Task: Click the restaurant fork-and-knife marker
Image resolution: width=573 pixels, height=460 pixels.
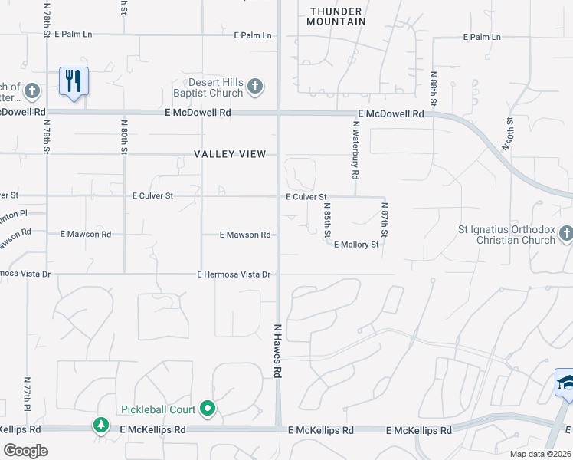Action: click(x=74, y=81)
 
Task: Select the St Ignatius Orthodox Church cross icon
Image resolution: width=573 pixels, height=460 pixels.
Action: click(x=565, y=232)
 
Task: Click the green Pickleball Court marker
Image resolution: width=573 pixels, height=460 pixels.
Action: click(x=207, y=409)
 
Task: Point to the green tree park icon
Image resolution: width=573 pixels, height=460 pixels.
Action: click(x=100, y=425)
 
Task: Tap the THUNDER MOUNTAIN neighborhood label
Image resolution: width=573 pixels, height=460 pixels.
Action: click(x=337, y=16)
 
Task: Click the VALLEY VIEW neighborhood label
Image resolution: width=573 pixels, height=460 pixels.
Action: click(x=230, y=154)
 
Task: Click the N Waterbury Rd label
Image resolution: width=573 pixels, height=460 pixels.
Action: click(x=356, y=150)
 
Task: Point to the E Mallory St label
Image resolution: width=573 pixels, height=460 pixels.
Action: click(x=356, y=245)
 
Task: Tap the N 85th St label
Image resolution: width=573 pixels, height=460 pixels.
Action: click(x=327, y=219)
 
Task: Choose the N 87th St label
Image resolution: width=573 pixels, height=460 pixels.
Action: click(x=385, y=219)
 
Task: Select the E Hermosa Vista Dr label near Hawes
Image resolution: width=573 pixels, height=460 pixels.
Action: click(x=234, y=274)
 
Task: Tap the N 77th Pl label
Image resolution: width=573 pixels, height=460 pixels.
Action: click(x=27, y=393)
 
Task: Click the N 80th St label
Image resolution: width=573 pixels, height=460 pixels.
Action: click(x=123, y=135)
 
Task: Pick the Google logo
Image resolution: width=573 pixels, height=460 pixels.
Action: click(x=25, y=450)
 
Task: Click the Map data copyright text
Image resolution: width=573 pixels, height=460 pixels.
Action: click(x=539, y=454)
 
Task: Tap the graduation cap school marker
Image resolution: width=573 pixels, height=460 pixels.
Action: click(x=565, y=382)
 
